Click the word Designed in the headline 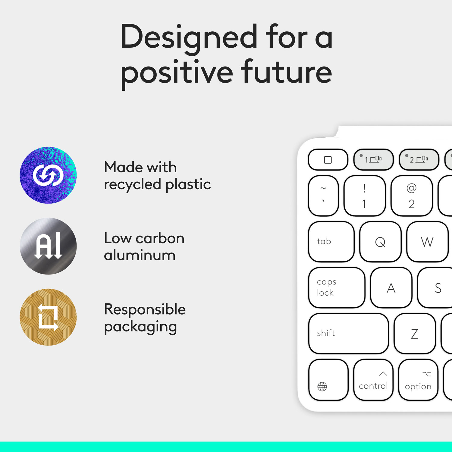coord(189,38)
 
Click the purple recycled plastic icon coord(48,175)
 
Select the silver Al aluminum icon coord(48,246)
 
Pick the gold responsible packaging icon coord(48,317)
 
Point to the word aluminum coord(140,256)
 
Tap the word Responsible coord(145,309)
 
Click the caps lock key coord(337,287)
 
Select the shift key coord(348,333)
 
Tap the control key coord(373,380)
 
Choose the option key coord(418,380)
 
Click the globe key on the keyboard coord(328,380)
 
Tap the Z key coord(415,333)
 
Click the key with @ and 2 coord(412,196)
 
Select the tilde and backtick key coord(323,196)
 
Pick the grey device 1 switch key coord(373,159)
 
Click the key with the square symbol coord(328,159)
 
